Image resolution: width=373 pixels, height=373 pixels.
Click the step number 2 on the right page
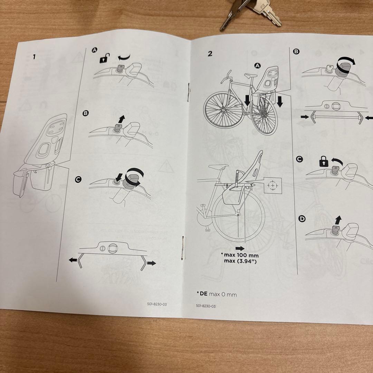point(210,53)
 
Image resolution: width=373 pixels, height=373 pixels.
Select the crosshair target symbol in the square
point(273,186)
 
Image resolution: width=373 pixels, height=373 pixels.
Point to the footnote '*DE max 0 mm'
point(217,294)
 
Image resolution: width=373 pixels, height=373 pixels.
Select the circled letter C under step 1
point(78,179)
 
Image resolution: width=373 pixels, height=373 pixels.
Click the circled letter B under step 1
point(85,113)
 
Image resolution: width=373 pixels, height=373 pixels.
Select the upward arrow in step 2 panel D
point(338,219)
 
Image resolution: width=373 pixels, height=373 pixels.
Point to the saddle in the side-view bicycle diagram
point(218,166)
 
